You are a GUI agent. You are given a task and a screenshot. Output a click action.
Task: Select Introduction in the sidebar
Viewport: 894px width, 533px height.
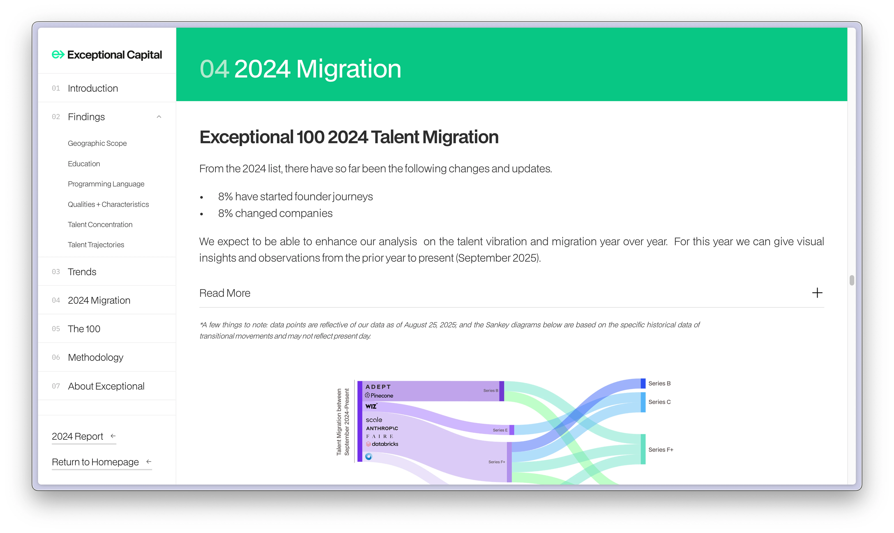[x=93, y=88]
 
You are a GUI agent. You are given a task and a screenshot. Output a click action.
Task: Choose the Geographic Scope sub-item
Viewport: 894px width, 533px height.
[x=97, y=143]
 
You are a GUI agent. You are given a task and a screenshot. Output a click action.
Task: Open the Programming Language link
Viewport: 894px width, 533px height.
[x=106, y=184]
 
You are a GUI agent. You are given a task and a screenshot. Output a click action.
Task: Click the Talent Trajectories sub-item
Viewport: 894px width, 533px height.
[x=96, y=245]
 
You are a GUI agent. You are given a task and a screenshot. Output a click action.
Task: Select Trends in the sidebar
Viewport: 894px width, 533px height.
[x=82, y=272]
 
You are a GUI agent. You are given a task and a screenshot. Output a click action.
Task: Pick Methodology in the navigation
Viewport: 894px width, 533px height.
[x=95, y=357]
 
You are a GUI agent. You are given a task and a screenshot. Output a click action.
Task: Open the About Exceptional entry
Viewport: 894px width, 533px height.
[x=106, y=386]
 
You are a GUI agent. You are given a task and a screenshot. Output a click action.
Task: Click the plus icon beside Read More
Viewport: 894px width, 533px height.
[x=817, y=293]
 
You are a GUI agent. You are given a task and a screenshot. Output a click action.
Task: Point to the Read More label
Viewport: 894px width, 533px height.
[x=225, y=293]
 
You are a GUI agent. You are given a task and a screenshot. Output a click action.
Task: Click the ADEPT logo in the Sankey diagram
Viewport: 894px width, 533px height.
[x=378, y=387]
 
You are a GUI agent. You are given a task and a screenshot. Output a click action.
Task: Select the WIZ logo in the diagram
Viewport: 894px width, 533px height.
[x=371, y=406]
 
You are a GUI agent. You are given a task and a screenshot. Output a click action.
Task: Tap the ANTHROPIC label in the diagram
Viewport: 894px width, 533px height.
[x=382, y=428]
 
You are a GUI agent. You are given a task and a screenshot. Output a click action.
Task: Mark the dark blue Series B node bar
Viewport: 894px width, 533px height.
[x=643, y=383]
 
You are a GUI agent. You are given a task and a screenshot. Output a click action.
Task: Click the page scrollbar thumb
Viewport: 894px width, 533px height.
[x=852, y=280]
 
